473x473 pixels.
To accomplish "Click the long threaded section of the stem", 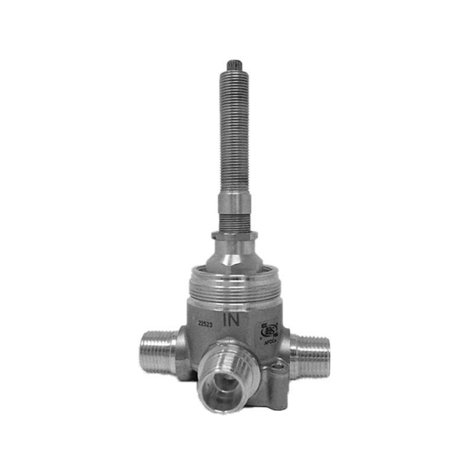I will tap(234, 132).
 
